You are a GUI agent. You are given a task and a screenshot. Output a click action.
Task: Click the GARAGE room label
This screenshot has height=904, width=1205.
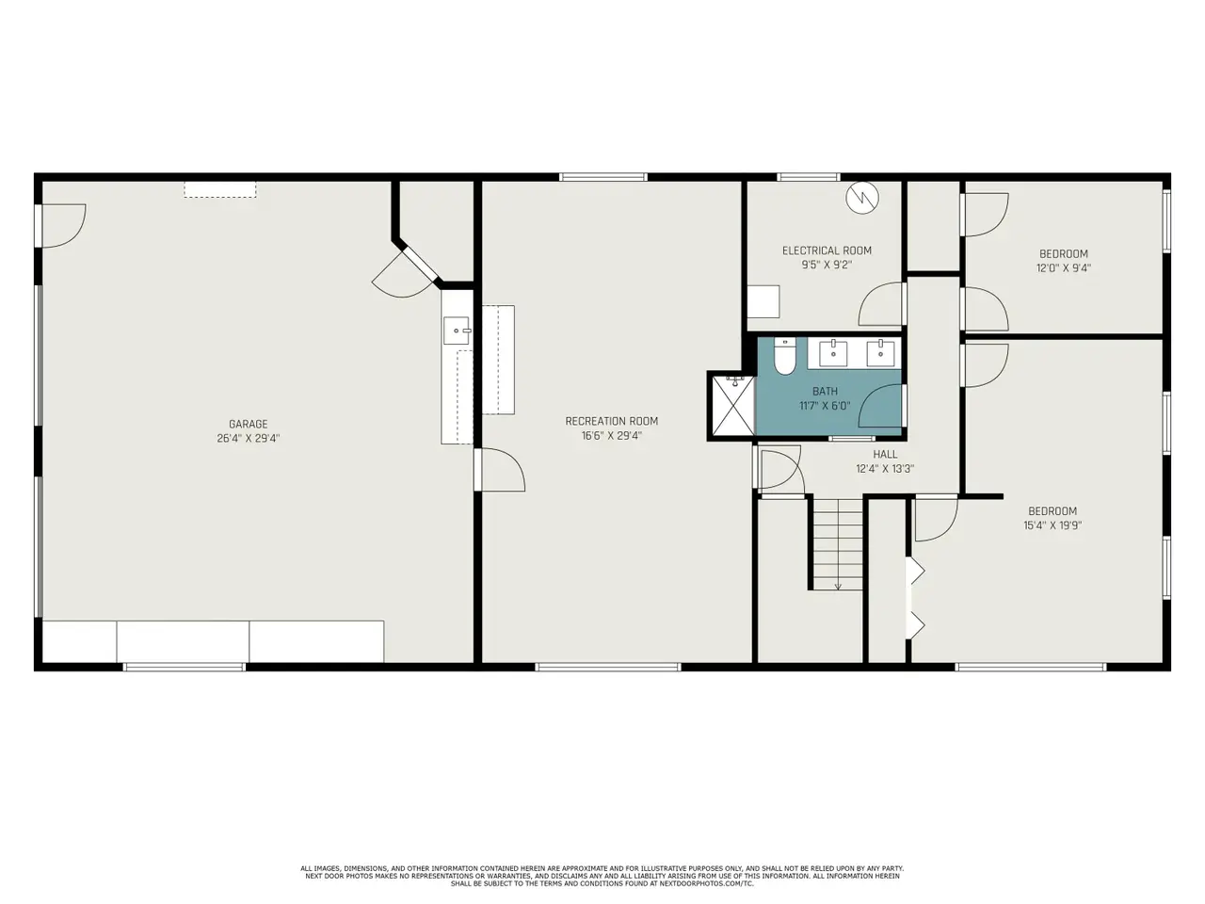(249, 424)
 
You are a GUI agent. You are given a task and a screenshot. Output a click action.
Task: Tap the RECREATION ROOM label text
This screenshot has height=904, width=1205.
(612, 421)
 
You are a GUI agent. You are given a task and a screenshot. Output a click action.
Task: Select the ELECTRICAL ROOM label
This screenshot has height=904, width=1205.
(827, 250)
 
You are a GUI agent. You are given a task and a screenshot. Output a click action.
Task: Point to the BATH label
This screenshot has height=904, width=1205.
(825, 392)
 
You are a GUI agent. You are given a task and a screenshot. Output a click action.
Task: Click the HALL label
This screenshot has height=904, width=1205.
(885, 454)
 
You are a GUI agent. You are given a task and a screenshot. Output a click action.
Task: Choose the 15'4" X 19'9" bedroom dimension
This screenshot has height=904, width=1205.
(1052, 525)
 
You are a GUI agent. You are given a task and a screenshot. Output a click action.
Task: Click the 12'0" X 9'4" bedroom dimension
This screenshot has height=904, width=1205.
(1064, 268)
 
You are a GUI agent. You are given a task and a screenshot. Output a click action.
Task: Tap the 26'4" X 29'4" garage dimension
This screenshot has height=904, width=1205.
(249, 439)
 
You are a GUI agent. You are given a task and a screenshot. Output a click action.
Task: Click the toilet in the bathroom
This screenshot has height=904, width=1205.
(784, 356)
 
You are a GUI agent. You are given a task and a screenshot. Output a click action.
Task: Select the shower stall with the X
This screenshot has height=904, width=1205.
(733, 406)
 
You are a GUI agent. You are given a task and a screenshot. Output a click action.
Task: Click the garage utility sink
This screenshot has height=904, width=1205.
(457, 331)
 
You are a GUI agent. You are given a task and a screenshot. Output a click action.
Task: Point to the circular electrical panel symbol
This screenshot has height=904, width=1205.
(862, 198)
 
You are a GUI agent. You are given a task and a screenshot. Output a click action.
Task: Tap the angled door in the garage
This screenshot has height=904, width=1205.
(408, 274)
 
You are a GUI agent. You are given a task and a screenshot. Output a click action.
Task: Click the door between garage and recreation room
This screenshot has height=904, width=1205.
(500, 469)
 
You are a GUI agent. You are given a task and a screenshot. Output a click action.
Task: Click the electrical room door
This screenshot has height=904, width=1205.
(880, 304)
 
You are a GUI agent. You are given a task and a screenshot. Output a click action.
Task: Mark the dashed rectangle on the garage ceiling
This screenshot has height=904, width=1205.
(220, 189)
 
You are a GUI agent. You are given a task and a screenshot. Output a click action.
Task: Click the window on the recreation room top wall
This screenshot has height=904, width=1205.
(603, 177)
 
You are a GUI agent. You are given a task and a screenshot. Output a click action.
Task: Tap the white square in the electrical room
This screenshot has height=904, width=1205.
(763, 301)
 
